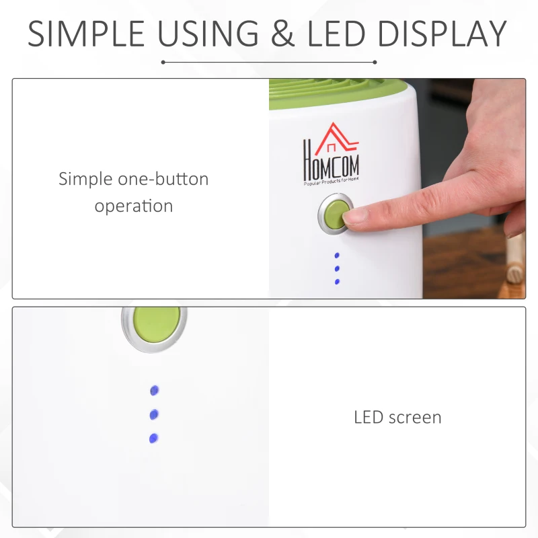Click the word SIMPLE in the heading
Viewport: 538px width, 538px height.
click(86, 34)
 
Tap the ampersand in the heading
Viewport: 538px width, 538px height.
click(282, 34)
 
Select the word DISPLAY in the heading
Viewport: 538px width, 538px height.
click(443, 34)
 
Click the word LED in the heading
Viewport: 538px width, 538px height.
click(336, 34)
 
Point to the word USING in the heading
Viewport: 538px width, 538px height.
click(208, 34)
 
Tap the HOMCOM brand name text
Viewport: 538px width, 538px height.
click(331, 163)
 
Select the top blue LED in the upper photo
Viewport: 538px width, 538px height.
click(337, 256)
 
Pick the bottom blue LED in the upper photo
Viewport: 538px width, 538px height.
click(337, 282)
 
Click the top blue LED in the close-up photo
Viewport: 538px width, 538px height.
click(155, 391)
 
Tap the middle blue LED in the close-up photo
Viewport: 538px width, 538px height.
click(154, 415)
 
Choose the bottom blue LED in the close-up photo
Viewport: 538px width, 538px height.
click(154, 438)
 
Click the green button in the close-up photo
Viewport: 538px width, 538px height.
click(157, 324)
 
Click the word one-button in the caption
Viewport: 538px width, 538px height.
click(163, 179)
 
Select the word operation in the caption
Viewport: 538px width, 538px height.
click(133, 206)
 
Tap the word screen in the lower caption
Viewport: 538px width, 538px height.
click(415, 418)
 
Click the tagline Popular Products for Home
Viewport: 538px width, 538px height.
click(331, 181)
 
